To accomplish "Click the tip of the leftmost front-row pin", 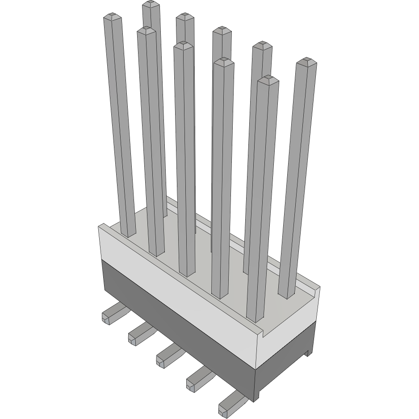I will click(x=112, y=17).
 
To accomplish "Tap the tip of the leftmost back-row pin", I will click(x=151, y=4).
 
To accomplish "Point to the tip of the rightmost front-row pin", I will click(x=268, y=80).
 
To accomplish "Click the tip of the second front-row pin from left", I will click(x=147, y=31).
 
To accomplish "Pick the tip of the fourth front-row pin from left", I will click(x=224, y=62).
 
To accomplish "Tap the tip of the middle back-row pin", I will click(x=222, y=31).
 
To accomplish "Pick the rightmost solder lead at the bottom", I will click(x=230, y=404).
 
